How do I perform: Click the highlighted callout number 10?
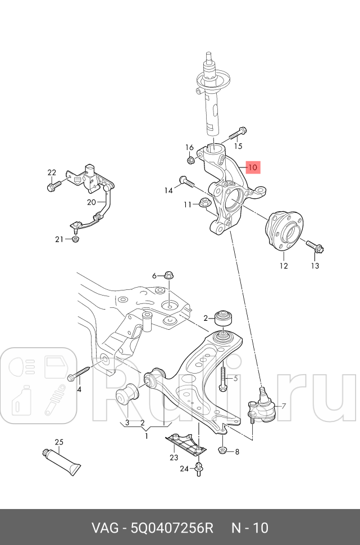252,167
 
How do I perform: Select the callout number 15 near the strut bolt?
238,146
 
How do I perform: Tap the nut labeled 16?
190,160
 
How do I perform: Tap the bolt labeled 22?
54,185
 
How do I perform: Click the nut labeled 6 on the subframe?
168,275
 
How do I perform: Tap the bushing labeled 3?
127,398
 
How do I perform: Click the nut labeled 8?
222,451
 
